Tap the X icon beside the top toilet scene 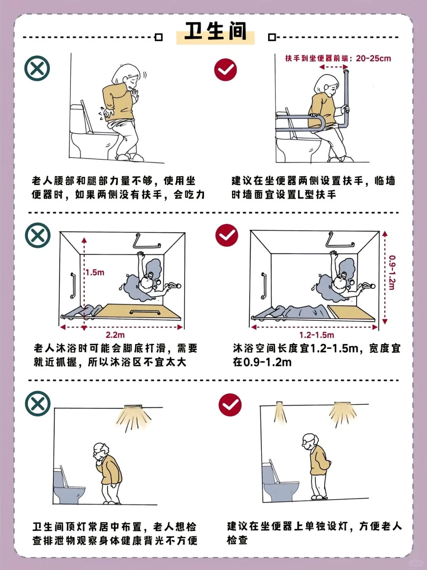tap(37, 68)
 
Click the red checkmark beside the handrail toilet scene tap(225, 70)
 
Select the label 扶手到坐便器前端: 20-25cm tap(338, 59)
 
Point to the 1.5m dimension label tap(95, 273)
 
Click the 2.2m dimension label tap(115, 335)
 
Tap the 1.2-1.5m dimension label tap(316, 335)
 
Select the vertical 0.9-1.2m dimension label tap(391, 273)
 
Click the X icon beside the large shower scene tap(38, 235)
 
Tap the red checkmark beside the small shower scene tap(227, 235)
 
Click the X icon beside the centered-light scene tap(38, 404)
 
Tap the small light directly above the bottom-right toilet tap(280, 405)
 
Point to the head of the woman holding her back tap(128, 76)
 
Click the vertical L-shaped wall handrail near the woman tap(347, 95)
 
